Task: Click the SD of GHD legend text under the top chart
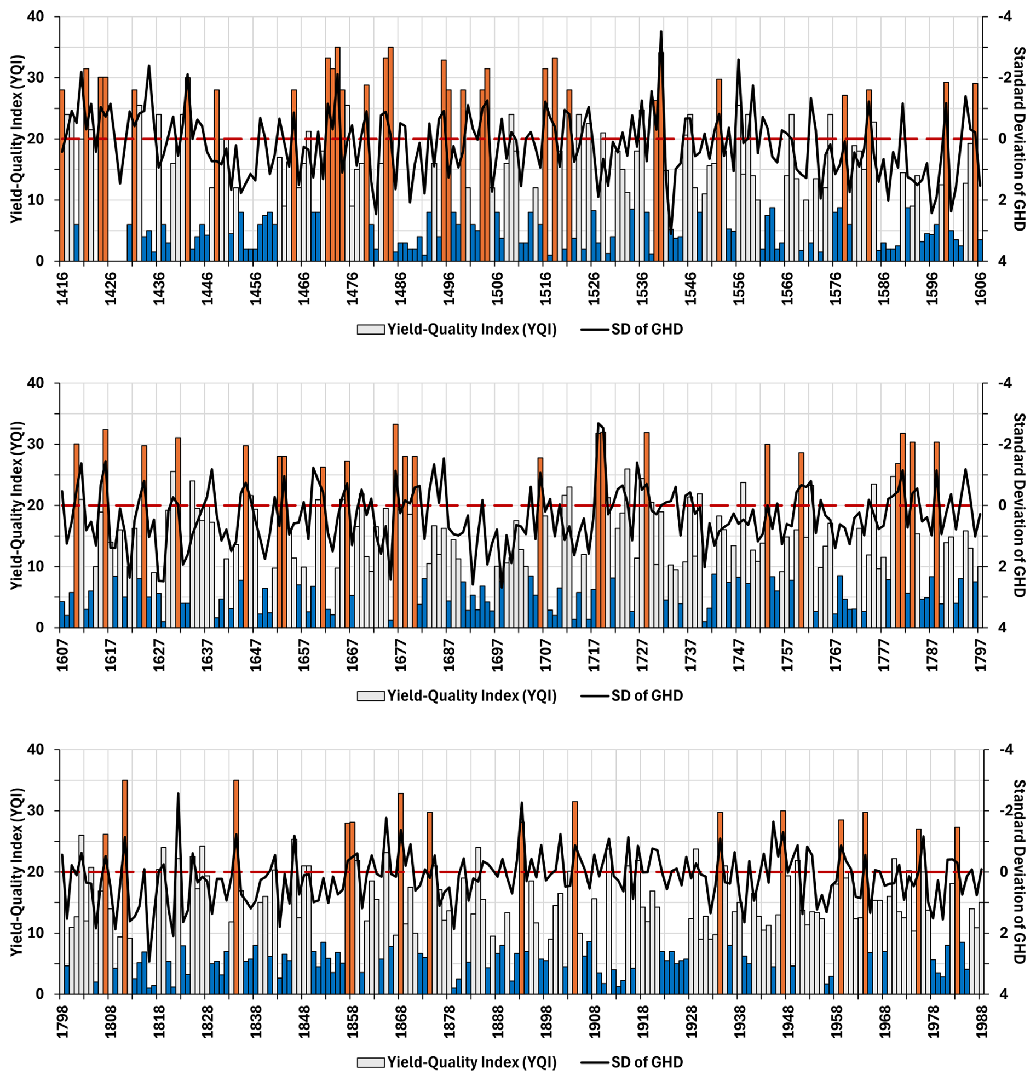coord(647,329)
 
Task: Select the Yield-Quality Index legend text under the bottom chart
coord(471,1062)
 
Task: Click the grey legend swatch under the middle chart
coord(371,696)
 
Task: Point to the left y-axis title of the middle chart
coord(16,505)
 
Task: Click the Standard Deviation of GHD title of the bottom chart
coord(1019,871)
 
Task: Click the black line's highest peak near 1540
coord(660,32)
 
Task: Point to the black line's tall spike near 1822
coord(178,794)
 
